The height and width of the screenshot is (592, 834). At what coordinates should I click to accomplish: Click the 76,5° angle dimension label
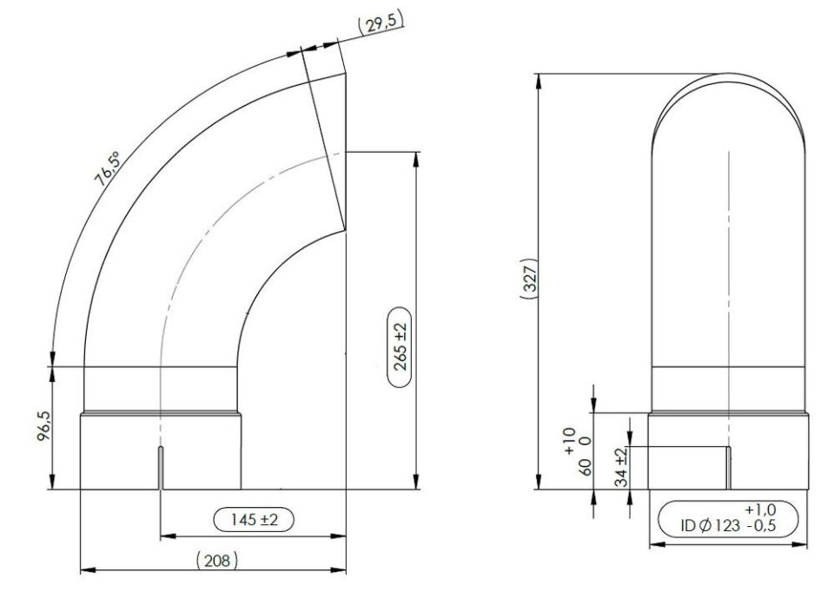pyautogui.click(x=108, y=168)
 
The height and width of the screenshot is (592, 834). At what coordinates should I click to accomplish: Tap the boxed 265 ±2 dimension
pyautogui.click(x=400, y=346)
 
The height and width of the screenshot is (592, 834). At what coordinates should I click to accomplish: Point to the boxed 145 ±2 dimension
pyautogui.click(x=254, y=519)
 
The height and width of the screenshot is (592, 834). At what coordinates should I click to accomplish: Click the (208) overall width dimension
pyautogui.click(x=217, y=560)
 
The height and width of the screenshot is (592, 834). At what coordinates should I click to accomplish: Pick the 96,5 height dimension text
pyautogui.click(x=43, y=427)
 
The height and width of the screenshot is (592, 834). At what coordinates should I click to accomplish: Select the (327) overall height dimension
pyautogui.click(x=529, y=279)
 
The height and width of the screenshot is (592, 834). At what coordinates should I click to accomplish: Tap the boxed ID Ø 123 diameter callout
pyautogui.click(x=728, y=518)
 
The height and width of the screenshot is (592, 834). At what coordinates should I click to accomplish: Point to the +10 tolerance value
pyautogui.click(x=569, y=441)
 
